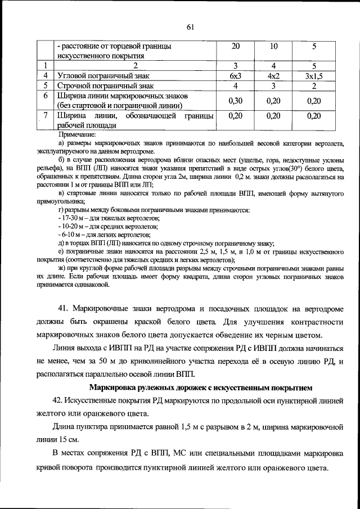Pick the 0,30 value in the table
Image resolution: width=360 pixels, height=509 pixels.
coord(236,101)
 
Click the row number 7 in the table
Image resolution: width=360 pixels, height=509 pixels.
coord(46,116)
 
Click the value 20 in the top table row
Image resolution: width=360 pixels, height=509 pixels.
coord(236,46)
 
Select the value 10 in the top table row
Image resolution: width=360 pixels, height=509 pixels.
coord(273,46)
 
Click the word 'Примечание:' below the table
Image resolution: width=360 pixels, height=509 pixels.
coord(77,135)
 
